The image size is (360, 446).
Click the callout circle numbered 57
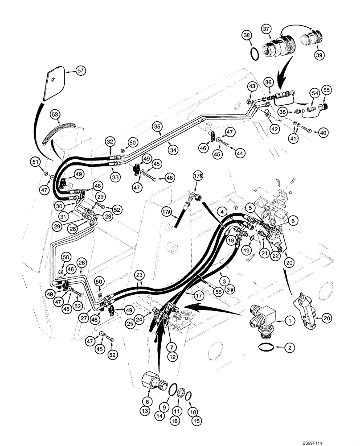[81, 70]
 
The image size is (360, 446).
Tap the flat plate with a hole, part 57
[54, 84]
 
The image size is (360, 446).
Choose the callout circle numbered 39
[319, 55]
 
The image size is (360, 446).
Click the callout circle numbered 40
[323, 132]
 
